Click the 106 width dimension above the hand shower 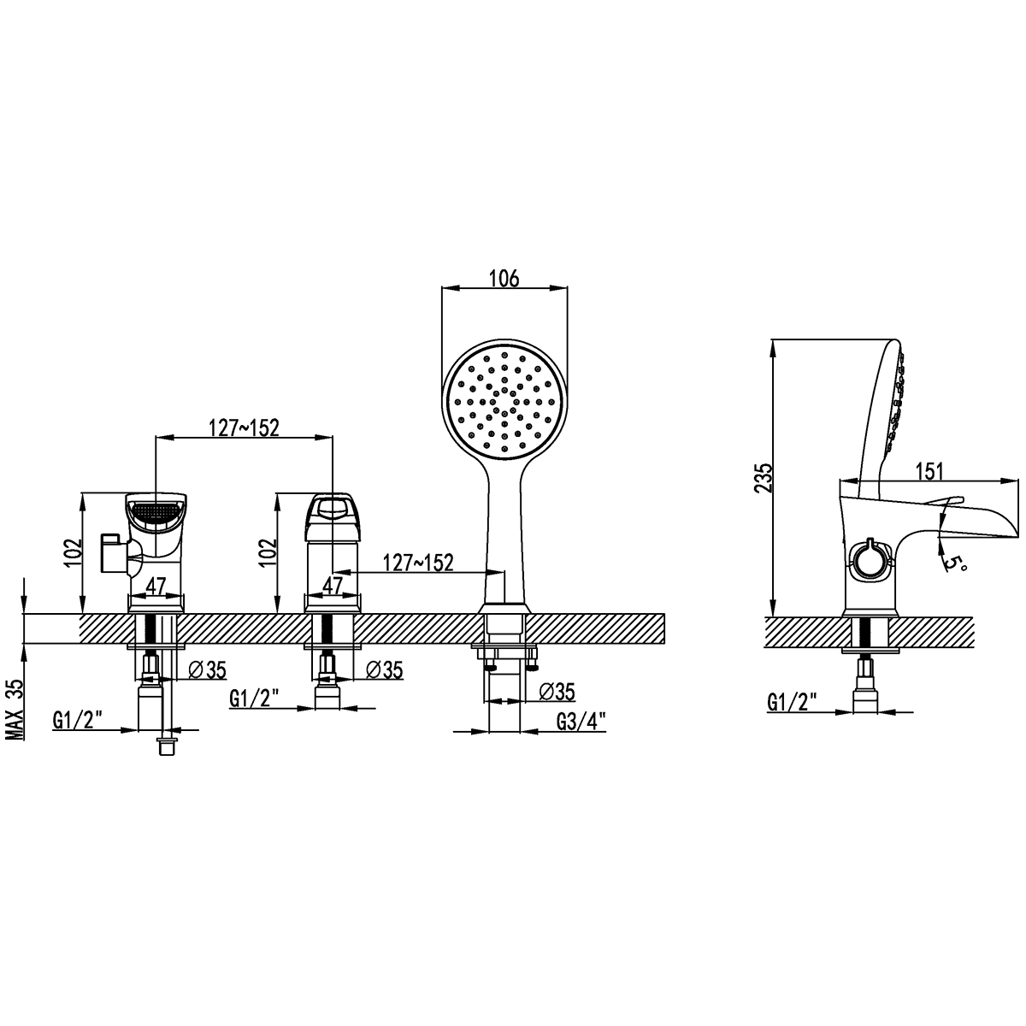(x=504, y=278)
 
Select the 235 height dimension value (x=763, y=478)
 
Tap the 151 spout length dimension (x=930, y=470)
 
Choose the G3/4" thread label (x=581, y=722)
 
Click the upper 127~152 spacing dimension (x=244, y=427)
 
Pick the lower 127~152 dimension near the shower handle (x=418, y=563)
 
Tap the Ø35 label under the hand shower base (x=557, y=692)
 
